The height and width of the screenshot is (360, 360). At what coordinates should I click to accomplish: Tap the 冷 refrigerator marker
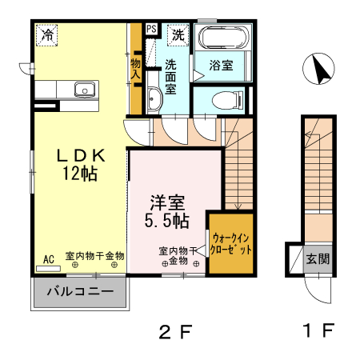pos(49,34)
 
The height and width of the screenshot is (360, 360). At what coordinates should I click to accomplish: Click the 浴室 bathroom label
pos(222,66)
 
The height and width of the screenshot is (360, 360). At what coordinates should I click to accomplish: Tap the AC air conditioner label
pos(48,258)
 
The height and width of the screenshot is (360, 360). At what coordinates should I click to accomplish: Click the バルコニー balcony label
pos(78,291)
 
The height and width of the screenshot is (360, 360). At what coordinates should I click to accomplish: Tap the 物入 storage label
pos(136,68)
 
